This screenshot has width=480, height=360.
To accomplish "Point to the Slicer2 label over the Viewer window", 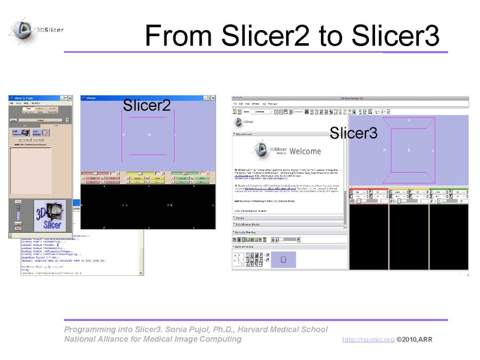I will click(x=147, y=105).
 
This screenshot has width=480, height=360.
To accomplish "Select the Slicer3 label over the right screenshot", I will click(x=354, y=133).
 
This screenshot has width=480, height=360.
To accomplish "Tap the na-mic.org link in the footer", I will click(x=368, y=340).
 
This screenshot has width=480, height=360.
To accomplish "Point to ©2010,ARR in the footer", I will click(x=415, y=340).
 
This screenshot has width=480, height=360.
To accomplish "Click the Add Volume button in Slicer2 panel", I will click(x=19, y=133).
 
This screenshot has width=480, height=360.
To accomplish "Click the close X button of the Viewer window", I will click(x=211, y=97).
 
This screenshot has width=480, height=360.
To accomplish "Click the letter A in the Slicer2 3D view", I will click(x=149, y=135).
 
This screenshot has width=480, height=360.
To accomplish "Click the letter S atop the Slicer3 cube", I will click(x=409, y=120).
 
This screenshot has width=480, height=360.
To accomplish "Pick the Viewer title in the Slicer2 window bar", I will click(x=91, y=97).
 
